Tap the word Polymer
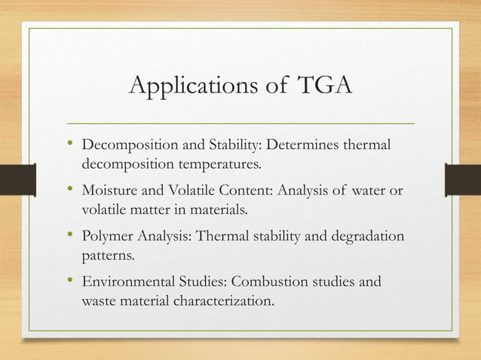point(106,238)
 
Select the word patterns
point(108,257)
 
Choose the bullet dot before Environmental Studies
point(69,282)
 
